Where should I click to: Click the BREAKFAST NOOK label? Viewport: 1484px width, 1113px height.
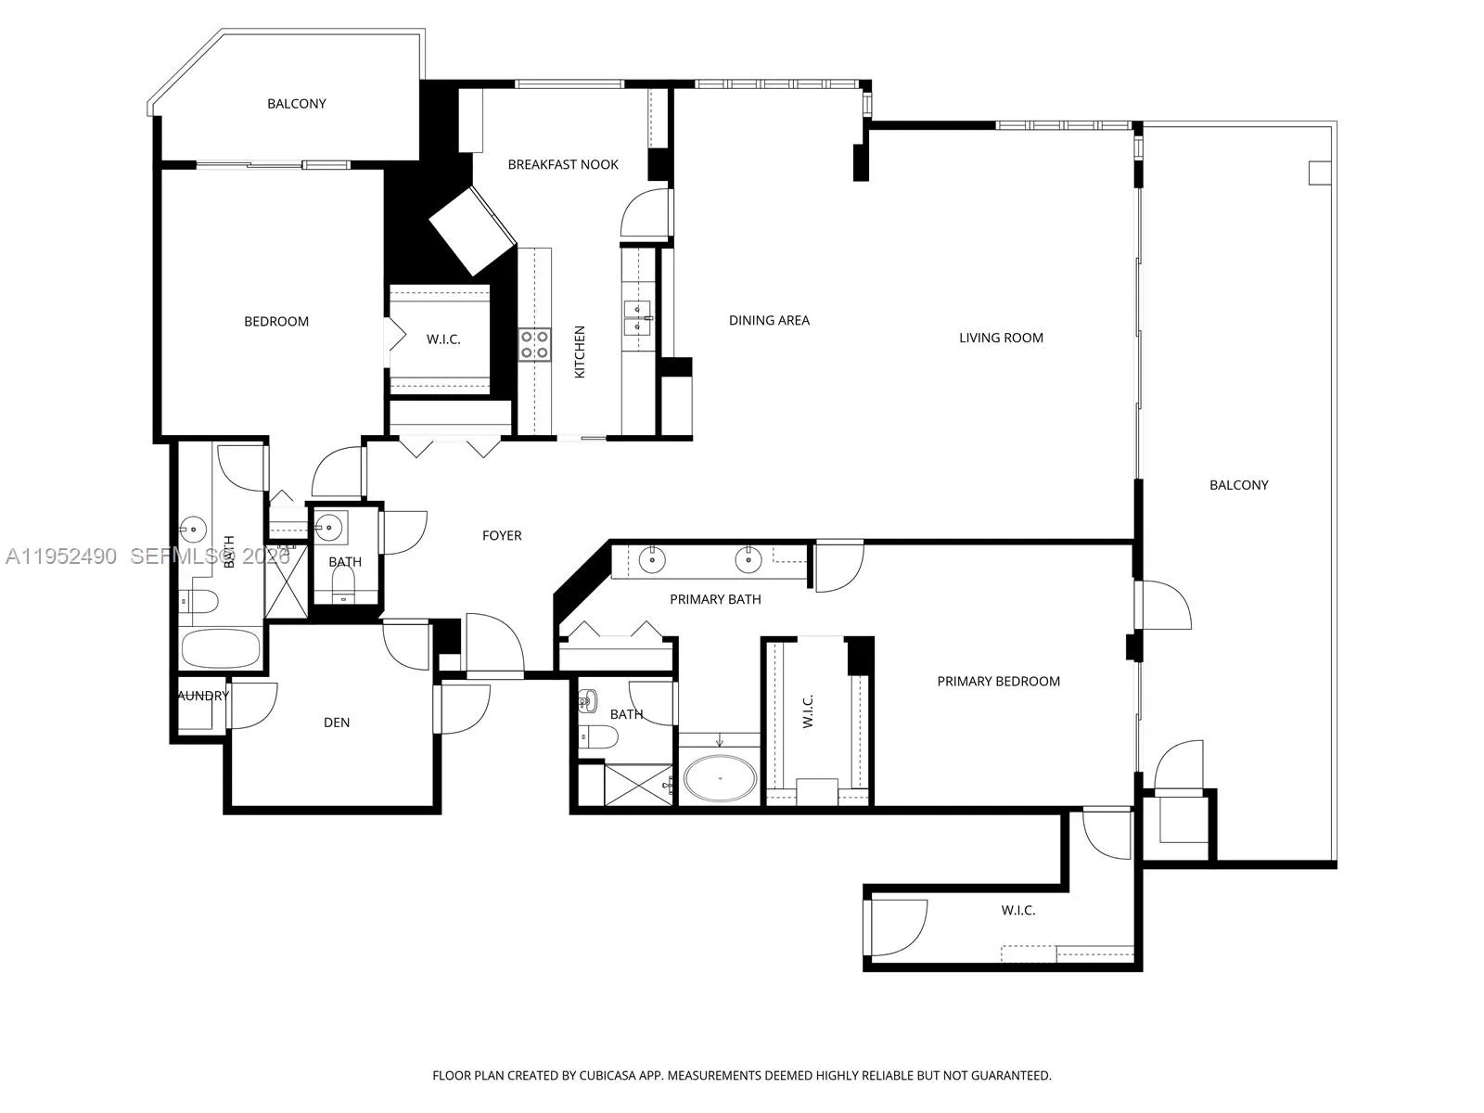[563, 165]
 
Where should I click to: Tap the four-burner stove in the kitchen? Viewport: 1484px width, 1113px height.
[533, 345]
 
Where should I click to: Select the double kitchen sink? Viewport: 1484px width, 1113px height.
[636, 317]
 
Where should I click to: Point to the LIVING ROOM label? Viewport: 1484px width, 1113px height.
[1001, 339]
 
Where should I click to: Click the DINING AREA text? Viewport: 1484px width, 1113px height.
[769, 321]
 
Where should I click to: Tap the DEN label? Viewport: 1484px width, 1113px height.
[337, 723]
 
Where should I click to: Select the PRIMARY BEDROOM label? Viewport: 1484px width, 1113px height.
[998, 682]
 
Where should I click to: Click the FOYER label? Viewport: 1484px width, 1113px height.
[502, 536]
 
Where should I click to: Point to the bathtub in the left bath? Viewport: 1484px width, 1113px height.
[221, 648]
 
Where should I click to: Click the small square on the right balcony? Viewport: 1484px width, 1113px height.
[1319, 173]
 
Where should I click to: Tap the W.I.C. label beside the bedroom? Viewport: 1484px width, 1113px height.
[443, 339]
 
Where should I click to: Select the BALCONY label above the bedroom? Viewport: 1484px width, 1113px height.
[297, 104]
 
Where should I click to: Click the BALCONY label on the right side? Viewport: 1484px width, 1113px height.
[1238, 485]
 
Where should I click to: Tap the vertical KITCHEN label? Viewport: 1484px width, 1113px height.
[581, 352]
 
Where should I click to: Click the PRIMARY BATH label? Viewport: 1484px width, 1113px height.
[715, 600]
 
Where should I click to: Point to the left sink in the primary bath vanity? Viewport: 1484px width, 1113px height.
[652, 559]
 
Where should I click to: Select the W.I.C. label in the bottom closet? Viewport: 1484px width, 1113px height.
[1017, 911]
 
